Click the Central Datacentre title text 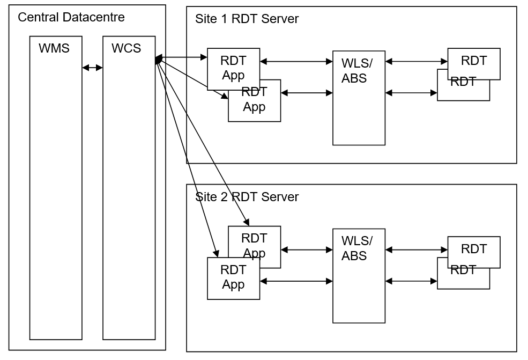(x=71, y=17)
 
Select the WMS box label (x=54, y=48)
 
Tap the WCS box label (x=127, y=48)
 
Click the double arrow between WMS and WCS (x=92, y=68)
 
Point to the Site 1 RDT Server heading (x=247, y=19)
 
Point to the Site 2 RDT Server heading (x=247, y=197)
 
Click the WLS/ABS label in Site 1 (x=356, y=70)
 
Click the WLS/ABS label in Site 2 (x=356, y=248)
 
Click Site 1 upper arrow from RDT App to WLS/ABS (x=296, y=62)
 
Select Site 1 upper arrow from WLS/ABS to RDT (x=417, y=62)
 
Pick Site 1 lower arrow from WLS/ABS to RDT (x=411, y=93)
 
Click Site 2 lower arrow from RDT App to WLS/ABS (x=296, y=281)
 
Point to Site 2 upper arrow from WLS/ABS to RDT (x=417, y=249)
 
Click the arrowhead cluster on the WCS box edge (x=158, y=60)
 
